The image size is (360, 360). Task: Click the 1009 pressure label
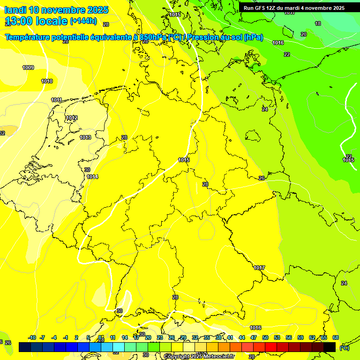coord(28,67)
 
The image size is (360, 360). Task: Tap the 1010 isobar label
coord(47,81)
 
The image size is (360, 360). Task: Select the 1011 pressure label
coord(57,100)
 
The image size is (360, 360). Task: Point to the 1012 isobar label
coord(72,118)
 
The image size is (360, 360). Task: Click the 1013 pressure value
coord(85,137)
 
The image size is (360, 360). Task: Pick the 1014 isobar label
coord(92,177)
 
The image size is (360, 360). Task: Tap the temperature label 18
coord(318,23)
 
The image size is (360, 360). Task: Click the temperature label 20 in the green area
coord(304,34)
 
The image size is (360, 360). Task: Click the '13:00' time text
coord(19,21)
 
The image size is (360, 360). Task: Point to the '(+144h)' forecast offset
coord(83,21)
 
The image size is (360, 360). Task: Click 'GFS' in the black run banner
coord(262,8)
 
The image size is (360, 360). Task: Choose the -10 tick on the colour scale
coord(32,337)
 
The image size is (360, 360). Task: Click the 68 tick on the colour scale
coord(336,337)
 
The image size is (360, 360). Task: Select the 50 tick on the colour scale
coord(265,337)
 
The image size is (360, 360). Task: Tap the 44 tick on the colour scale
coord(242,337)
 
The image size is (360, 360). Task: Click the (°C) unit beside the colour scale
coord(345,348)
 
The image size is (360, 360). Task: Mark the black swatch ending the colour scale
coord(330,347)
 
